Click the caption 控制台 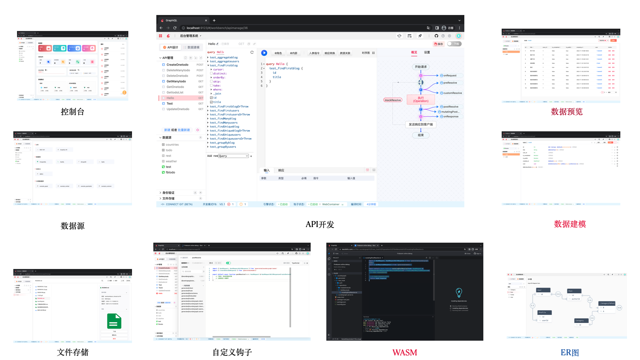coord(72,112)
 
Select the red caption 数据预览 coord(566,112)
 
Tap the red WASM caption coord(404,352)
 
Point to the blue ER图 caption coord(569,352)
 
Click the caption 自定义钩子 coord(232,352)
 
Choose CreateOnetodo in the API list coord(177,65)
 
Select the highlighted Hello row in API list coord(170,98)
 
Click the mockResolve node coord(393,100)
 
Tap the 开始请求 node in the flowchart coord(421,67)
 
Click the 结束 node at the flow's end coord(421,135)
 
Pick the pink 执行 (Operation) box coord(421,99)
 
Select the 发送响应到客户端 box coord(421,124)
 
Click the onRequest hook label coord(450,76)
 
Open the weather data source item coord(171,161)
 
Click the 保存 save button coord(438,44)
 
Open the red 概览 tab coord(414,52)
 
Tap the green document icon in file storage coord(114,321)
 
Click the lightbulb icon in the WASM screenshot coord(459,292)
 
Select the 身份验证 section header coord(168,193)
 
